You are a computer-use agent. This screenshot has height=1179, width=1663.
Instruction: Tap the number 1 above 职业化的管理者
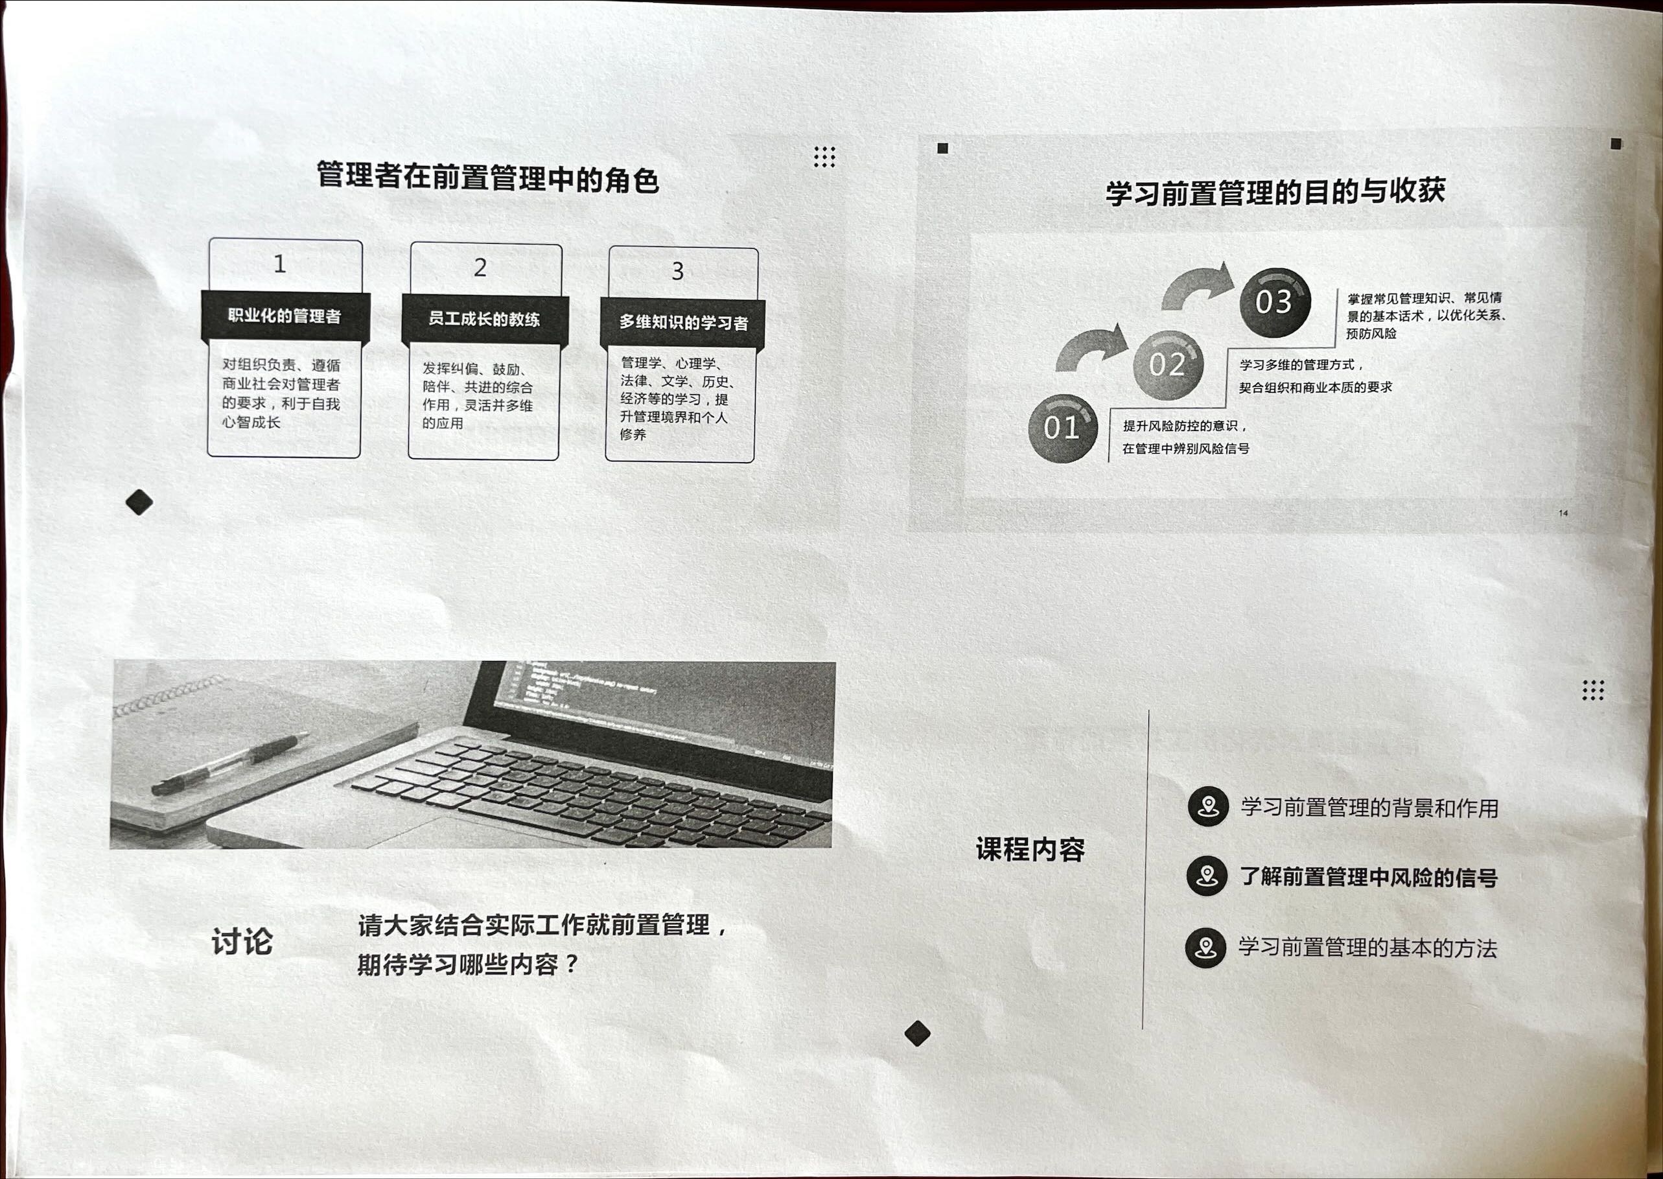coord(279,264)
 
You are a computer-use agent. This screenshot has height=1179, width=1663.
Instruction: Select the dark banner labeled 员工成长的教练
coord(485,319)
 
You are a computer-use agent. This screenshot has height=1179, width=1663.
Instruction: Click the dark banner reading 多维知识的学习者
coord(682,322)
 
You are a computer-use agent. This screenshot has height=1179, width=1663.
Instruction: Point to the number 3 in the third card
coord(677,271)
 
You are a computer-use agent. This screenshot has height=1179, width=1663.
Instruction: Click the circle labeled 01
coord(1063,428)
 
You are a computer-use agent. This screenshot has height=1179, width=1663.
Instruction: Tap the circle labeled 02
coord(1168,365)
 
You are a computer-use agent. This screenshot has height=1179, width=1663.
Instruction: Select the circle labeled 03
coord(1275,303)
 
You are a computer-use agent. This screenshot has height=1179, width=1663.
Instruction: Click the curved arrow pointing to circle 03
coord(1198,285)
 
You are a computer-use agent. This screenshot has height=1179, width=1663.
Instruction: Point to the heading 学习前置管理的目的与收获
coord(1275,192)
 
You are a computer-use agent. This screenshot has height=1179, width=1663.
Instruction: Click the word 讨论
coord(242,942)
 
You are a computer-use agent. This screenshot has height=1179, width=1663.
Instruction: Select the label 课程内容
coord(1030,849)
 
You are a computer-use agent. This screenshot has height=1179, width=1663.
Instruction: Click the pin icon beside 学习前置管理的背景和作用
coord(1208,806)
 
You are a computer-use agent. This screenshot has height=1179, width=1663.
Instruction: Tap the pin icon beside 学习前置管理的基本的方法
coord(1205,947)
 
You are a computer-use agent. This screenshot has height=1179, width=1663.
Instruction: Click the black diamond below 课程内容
coord(918,1033)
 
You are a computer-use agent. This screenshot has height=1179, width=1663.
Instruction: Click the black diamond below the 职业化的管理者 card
coord(139,502)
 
